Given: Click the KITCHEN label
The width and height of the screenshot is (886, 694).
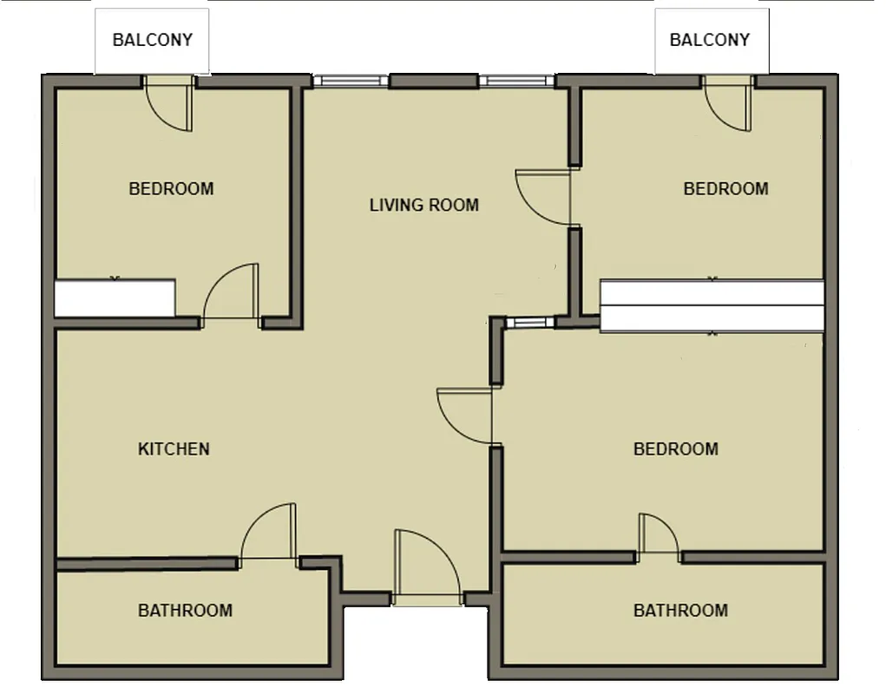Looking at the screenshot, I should (174, 448).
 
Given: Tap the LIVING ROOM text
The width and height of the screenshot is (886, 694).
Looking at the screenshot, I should (423, 205).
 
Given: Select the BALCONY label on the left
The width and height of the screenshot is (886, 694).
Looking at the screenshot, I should (152, 40).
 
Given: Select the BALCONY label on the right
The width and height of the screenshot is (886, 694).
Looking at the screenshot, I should (709, 40).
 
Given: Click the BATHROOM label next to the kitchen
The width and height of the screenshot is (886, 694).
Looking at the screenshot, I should (185, 610).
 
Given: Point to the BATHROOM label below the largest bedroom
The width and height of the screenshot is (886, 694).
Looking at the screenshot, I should (680, 610).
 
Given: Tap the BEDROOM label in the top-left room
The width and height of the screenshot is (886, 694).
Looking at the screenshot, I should (171, 188).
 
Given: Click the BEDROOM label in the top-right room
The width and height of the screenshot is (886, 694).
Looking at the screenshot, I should (725, 188).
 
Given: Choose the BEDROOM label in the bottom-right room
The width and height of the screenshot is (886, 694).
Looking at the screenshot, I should (675, 448).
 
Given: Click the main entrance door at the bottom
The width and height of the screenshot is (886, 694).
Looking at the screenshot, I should (426, 568).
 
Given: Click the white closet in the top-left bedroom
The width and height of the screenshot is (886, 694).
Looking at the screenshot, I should (115, 298).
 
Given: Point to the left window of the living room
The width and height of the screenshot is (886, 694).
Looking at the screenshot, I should (351, 81).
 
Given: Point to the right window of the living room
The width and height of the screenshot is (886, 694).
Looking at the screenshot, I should (517, 81).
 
